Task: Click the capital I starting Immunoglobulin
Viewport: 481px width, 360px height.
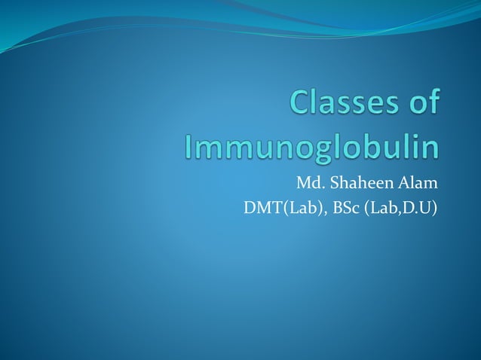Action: (x=189, y=146)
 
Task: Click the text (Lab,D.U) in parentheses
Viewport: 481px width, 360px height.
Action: (x=400, y=207)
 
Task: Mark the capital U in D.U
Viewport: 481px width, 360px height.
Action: (x=426, y=207)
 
